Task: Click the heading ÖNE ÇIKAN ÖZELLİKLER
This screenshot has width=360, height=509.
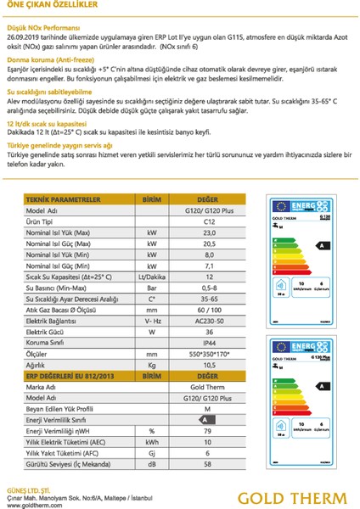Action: point(43,6)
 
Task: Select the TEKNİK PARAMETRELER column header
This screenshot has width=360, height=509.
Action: point(59,197)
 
